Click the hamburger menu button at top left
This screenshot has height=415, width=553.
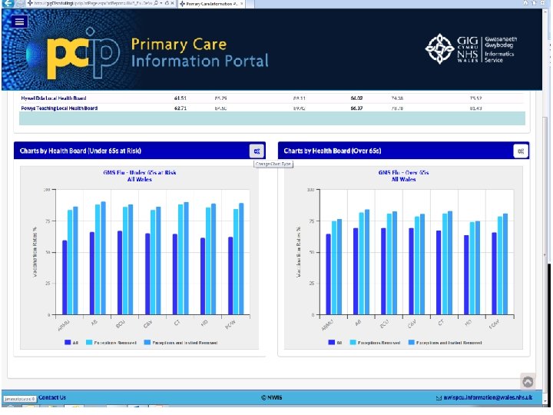click(x=20, y=22)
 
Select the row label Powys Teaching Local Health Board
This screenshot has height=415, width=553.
click(x=59, y=108)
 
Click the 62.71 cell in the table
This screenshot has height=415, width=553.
click(x=180, y=108)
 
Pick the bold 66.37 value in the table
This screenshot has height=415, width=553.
click(x=356, y=108)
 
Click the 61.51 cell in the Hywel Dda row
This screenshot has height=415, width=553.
click(x=180, y=98)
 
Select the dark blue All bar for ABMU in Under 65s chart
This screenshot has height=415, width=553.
click(x=65, y=277)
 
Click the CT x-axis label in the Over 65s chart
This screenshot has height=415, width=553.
click(x=441, y=324)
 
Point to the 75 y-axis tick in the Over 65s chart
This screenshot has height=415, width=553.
click(x=310, y=221)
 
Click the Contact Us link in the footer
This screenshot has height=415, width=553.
click(x=52, y=397)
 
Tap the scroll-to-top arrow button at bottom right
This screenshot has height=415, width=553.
click(x=528, y=381)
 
